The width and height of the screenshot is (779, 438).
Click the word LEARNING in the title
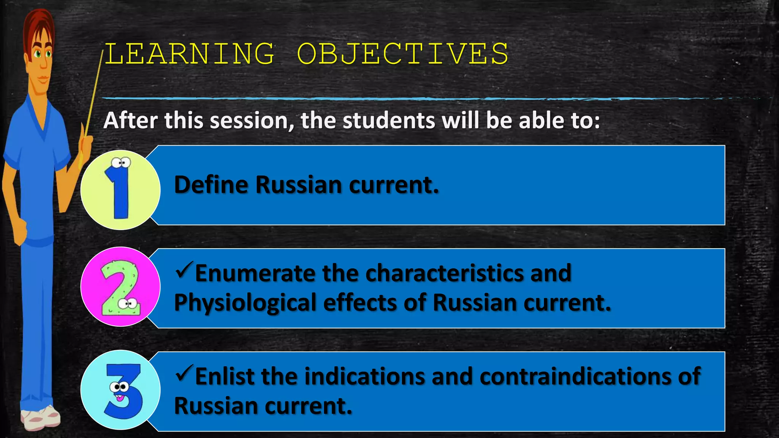(189, 54)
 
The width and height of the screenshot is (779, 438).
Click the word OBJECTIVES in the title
(402, 54)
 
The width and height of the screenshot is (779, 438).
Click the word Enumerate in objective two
(255, 273)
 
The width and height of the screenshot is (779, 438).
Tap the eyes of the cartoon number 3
(119, 387)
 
